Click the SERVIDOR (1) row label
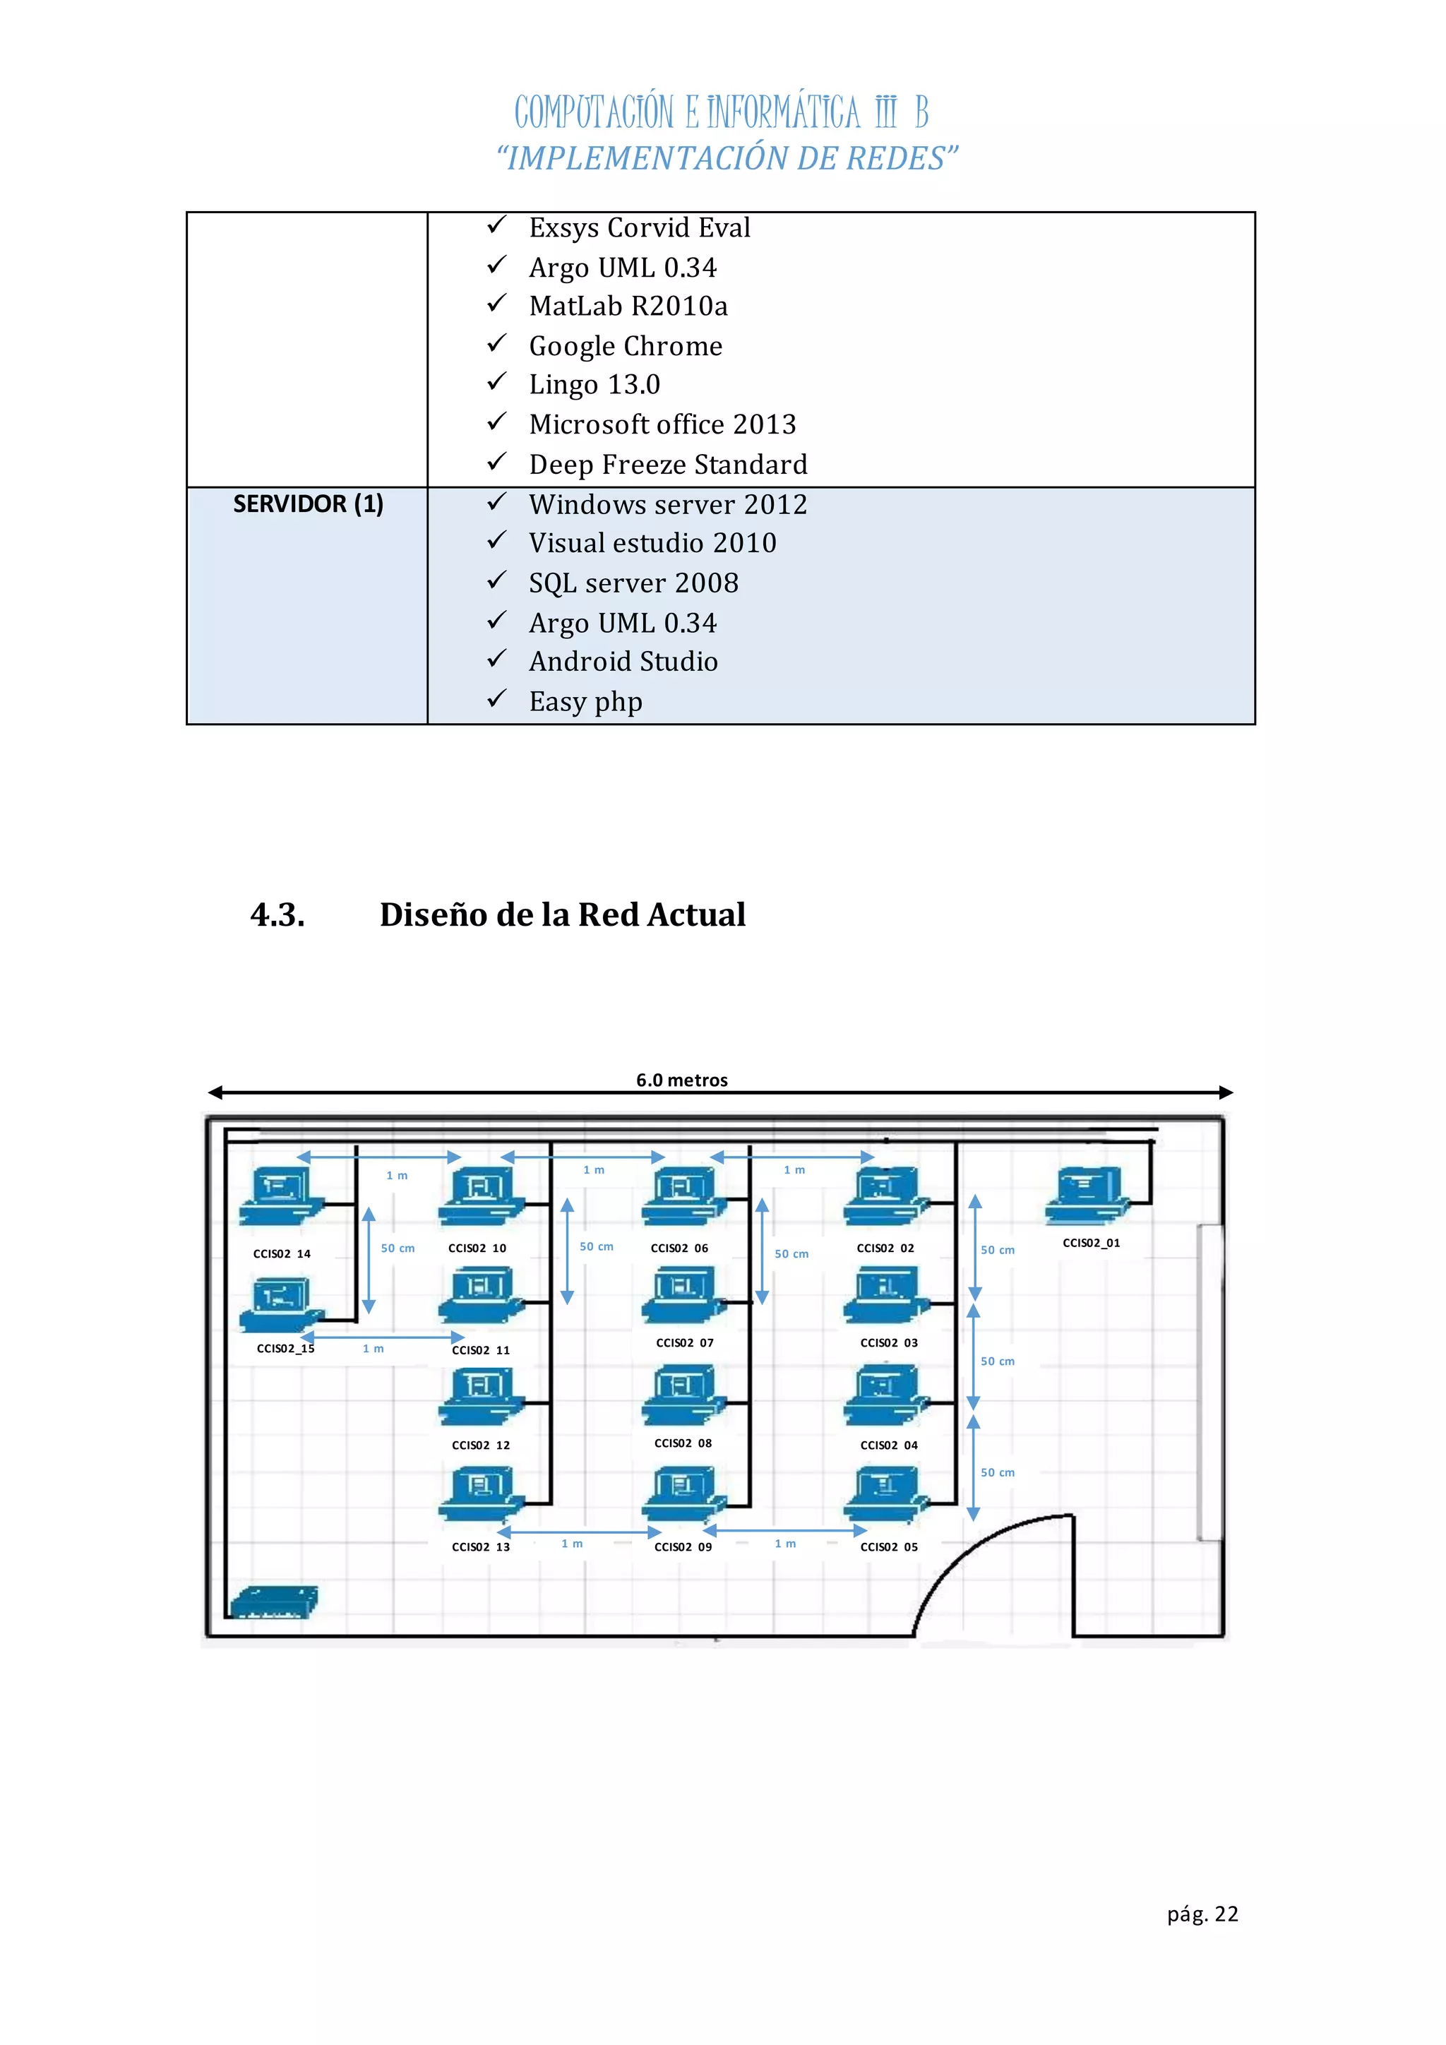(308, 504)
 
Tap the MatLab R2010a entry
(628, 306)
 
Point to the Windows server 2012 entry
(668, 505)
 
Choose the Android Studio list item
(623, 662)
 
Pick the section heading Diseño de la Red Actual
(562, 914)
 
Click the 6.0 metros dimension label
(682, 1080)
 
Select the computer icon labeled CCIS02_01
(1088, 1196)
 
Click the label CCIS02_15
(285, 1349)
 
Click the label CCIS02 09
(683, 1547)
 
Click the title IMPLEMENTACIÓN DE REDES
(727, 159)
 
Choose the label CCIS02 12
(481, 1445)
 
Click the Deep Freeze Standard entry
(668, 465)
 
